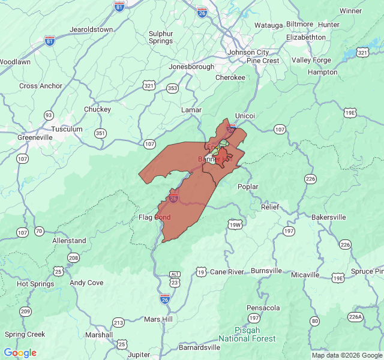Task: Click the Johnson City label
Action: (x=248, y=52)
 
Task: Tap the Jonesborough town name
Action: (x=191, y=67)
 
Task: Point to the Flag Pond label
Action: (x=154, y=217)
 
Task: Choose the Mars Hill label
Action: (x=158, y=319)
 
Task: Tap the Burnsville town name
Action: (x=266, y=271)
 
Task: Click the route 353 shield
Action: (x=173, y=88)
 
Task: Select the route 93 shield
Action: (x=49, y=115)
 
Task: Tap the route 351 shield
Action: (x=101, y=133)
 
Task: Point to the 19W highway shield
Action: (x=235, y=225)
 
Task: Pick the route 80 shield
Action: (x=314, y=321)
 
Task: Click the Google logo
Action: (x=20, y=353)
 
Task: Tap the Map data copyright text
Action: (x=346, y=355)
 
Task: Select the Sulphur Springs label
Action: (x=161, y=37)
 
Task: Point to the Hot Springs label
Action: (x=31, y=284)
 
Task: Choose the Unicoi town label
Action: (x=245, y=115)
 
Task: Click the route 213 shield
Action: (x=118, y=323)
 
